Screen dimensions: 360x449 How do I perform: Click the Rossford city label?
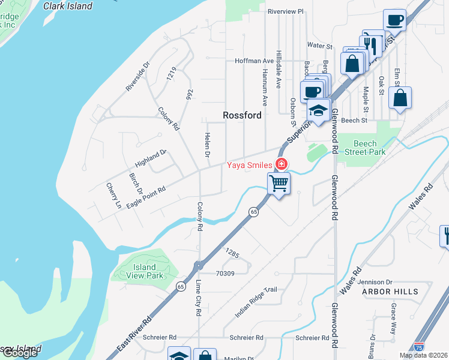tap(242, 115)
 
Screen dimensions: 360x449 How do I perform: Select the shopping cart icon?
tap(279, 182)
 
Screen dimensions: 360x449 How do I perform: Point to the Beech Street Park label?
tap(365, 148)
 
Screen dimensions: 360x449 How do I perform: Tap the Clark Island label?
tap(68, 6)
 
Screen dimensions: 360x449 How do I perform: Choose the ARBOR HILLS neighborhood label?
tap(390, 292)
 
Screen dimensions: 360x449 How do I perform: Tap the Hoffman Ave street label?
tap(254, 61)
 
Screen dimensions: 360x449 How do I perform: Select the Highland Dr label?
tap(150, 158)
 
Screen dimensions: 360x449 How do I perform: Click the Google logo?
tap(19, 353)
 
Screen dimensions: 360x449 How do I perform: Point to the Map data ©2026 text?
tap(423, 355)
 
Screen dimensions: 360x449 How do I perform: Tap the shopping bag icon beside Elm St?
tap(400, 98)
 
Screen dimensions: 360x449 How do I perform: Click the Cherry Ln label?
tap(113, 195)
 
